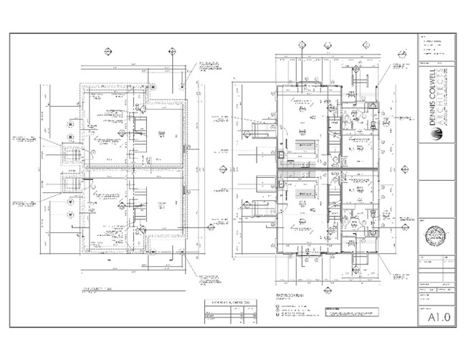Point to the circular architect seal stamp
(434, 235)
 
